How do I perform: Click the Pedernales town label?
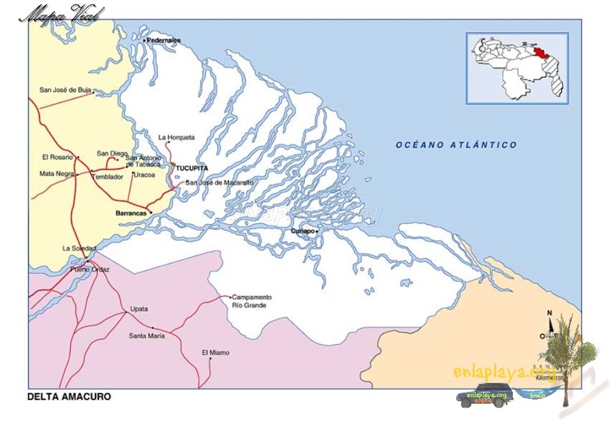click(x=165, y=40)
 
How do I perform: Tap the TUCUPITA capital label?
click(x=192, y=168)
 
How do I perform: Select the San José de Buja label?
click(x=65, y=89)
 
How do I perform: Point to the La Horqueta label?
click(x=177, y=137)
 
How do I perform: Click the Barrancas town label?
click(x=131, y=213)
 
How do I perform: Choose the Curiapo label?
click(x=302, y=231)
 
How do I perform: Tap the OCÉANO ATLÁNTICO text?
click(x=455, y=145)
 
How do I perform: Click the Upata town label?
click(x=139, y=309)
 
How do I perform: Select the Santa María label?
click(x=146, y=335)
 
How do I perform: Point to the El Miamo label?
click(x=215, y=352)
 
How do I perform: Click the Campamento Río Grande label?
click(x=251, y=301)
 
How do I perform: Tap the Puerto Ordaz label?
click(x=90, y=270)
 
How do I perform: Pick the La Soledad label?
click(x=80, y=248)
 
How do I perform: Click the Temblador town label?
click(x=108, y=177)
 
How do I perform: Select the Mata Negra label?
click(x=56, y=174)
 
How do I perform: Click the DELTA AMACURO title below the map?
click(x=69, y=397)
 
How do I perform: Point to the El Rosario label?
click(x=58, y=157)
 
